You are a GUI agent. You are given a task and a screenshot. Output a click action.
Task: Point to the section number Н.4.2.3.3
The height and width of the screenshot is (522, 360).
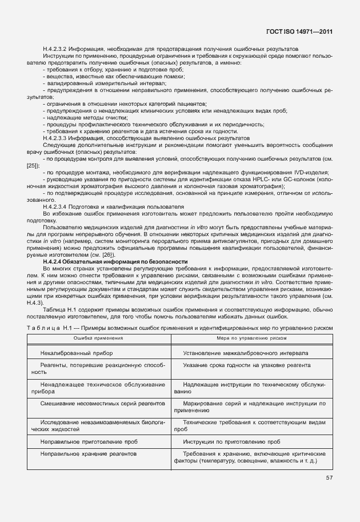[57, 138]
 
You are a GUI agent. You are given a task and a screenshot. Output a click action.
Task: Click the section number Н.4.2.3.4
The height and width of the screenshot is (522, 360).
[57, 206]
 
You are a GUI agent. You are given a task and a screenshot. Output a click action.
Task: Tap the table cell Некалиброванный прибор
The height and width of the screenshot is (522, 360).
[77, 353]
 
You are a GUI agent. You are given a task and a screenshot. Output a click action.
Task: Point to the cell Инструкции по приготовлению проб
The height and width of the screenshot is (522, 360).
[231, 442]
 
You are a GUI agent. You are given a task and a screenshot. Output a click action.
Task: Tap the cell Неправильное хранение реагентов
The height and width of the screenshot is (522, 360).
[88, 453]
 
